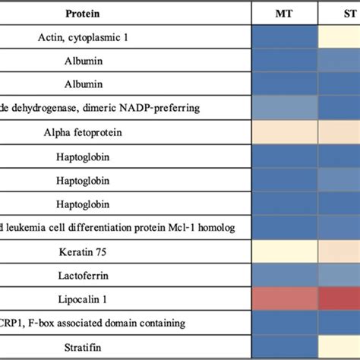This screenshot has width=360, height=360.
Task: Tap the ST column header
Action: click(x=349, y=13)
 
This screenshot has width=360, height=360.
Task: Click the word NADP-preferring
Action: click(x=164, y=108)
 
